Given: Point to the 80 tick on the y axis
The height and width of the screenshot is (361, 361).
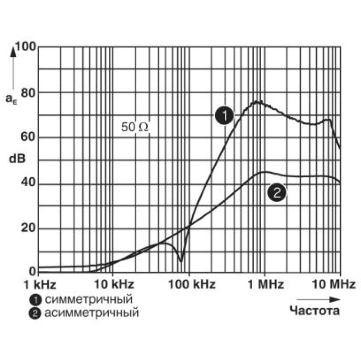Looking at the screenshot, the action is pyautogui.click(x=28, y=93).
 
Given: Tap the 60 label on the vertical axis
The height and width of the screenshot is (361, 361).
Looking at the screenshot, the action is pyautogui.click(x=28, y=137).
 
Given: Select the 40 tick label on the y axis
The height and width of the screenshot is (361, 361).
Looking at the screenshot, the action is pyautogui.click(x=28, y=182).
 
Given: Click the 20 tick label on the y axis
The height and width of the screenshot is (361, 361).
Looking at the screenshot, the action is pyautogui.click(x=28, y=228).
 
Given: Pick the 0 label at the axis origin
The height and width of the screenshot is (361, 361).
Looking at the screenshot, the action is pyautogui.click(x=32, y=272).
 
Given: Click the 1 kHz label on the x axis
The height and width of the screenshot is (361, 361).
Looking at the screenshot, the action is pyautogui.click(x=40, y=285).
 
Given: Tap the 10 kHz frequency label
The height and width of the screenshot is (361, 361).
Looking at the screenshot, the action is pyautogui.click(x=114, y=285).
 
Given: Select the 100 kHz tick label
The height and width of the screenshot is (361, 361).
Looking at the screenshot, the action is pyautogui.click(x=192, y=285).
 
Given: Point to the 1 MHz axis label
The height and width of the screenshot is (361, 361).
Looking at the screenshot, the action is pyautogui.click(x=265, y=285).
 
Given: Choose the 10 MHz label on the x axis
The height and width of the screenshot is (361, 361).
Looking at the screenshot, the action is pyautogui.click(x=333, y=285).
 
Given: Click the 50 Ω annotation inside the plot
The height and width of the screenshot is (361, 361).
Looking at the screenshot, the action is pyautogui.click(x=135, y=127).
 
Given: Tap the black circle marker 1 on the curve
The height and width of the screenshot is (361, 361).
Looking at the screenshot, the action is pyautogui.click(x=224, y=116).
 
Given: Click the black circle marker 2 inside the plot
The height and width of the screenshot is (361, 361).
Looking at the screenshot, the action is pyautogui.click(x=277, y=192).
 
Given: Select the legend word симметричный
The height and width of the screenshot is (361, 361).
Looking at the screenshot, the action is pyautogui.click(x=88, y=300).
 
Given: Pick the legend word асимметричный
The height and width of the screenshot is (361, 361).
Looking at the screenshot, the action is pyautogui.click(x=92, y=313).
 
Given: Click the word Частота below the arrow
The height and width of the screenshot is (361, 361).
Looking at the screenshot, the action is pyautogui.click(x=315, y=311).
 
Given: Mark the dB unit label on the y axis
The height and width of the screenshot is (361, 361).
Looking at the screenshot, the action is pyautogui.click(x=17, y=159).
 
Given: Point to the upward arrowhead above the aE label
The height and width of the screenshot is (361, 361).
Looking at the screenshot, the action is pyautogui.click(x=14, y=51).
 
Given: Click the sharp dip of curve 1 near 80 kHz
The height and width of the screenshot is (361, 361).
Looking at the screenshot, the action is pyautogui.click(x=181, y=261).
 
